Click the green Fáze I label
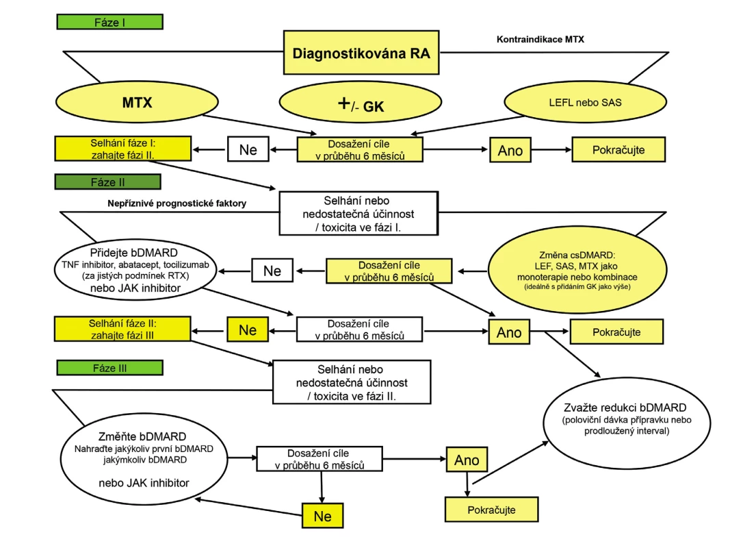pyautogui.click(x=110, y=22)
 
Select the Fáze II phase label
pyautogui.click(x=107, y=182)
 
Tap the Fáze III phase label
pyautogui.click(x=110, y=368)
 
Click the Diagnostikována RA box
pyautogui.click(x=361, y=53)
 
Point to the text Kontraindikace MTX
pyautogui.click(x=540, y=39)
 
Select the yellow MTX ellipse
pyautogui.click(x=137, y=102)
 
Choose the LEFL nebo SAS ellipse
pyautogui.click(x=585, y=102)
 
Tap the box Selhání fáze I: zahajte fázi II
pyautogui.click(x=123, y=149)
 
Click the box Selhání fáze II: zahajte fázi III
pyautogui.click(x=122, y=329)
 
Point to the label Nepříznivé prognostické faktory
pyautogui.click(x=177, y=203)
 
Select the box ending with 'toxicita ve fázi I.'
pyautogui.click(x=359, y=214)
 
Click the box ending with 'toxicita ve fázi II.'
pyautogui.click(x=352, y=382)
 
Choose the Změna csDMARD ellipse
pyautogui.click(x=577, y=270)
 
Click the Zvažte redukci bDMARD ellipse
pyautogui.click(x=627, y=422)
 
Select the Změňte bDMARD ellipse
pyautogui.click(x=144, y=458)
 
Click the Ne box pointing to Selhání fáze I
pyautogui.click(x=248, y=149)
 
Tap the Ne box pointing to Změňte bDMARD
pyautogui.click(x=323, y=515)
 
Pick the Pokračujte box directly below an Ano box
pyautogui.click(x=492, y=510)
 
